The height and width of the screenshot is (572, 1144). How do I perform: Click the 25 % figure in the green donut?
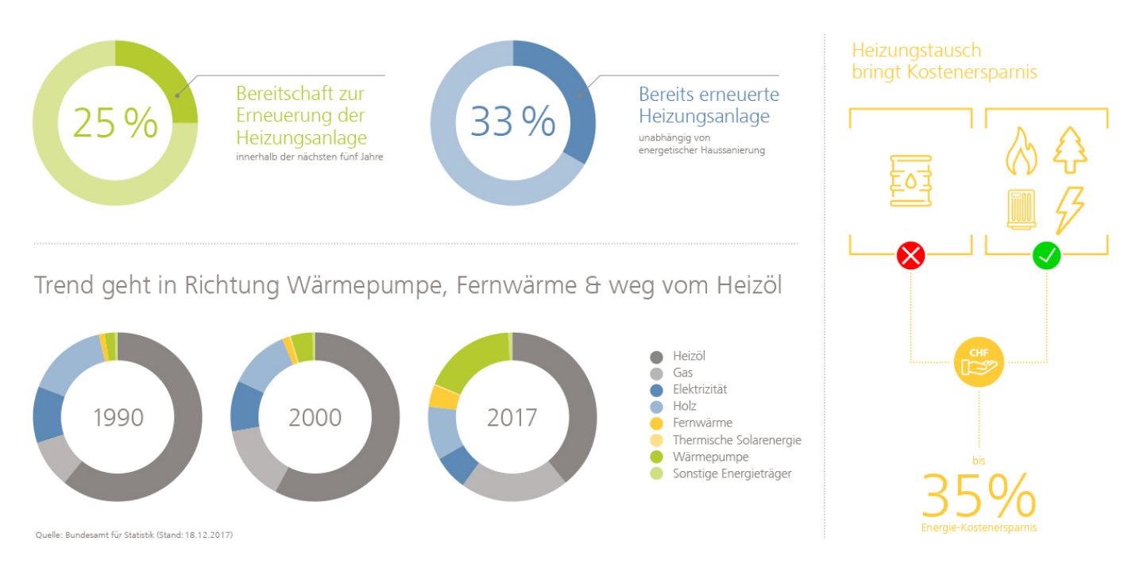click(x=115, y=123)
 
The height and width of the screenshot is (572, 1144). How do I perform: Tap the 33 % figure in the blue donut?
click(x=512, y=122)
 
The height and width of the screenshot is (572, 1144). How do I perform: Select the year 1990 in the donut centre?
click(x=118, y=417)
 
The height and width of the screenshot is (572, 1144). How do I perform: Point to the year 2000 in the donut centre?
click(x=315, y=417)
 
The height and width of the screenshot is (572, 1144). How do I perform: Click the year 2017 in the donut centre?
click(x=512, y=417)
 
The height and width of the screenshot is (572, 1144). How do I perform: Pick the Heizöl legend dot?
click(x=656, y=357)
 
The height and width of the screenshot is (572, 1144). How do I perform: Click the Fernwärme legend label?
click(x=702, y=423)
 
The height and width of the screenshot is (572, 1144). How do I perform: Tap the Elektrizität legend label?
click(x=699, y=389)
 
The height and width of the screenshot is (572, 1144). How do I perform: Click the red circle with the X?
click(x=910, y=256)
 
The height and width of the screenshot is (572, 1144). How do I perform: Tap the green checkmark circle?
click(x=1046, y=256)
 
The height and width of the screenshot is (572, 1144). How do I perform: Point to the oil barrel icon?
click(x=910, y=181)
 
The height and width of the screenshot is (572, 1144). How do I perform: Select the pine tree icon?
click(x=1070, y=150)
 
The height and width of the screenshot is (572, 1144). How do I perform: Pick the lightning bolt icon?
click(x=1069, y=210)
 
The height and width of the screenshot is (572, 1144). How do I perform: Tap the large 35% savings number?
click(x=978, y=495)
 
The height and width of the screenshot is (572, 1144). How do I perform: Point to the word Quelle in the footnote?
click(x=48, y=535)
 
